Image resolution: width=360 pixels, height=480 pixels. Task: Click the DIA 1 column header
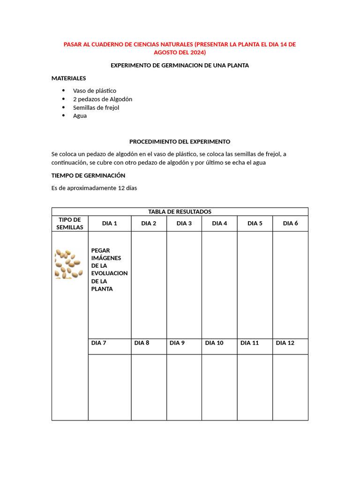(x=109, y=224)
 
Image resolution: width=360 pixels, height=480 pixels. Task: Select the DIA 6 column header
(x=290, y=224)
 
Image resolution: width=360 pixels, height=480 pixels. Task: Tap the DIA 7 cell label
(x=99, y=343)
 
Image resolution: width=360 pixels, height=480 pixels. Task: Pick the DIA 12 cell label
(x=285, y=343)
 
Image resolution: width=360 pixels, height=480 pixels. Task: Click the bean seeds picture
(x=69, y=264)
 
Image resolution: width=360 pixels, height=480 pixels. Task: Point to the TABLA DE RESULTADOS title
(x=180, y=211)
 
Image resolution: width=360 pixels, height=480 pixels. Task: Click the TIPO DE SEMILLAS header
(x=70, y=224)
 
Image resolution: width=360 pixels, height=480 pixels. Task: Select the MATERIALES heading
(x=68, y=78)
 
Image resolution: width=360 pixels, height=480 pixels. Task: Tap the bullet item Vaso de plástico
(x=94, y=90)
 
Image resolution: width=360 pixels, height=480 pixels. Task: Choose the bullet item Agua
(x=80, y=116)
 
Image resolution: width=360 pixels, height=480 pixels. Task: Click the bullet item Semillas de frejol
(x=96, y=107)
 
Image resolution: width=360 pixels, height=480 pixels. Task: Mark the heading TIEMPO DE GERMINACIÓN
(x=88, y=175)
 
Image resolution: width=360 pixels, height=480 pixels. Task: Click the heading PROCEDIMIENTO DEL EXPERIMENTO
(x=180, y=141)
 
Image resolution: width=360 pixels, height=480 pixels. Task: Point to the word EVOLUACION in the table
(x=109, y=273)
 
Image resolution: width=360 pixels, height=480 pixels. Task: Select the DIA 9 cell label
(x=177, y=343)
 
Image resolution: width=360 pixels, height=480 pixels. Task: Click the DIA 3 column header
(x=184, y=224)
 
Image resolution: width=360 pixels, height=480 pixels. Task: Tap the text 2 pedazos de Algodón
(x=103, y=99)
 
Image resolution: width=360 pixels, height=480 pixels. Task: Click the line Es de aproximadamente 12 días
(x=94, y=188)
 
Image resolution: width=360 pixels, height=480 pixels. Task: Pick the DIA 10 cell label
(x=214, y=343)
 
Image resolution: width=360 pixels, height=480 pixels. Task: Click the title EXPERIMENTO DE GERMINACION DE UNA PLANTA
(x=180, y=66)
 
